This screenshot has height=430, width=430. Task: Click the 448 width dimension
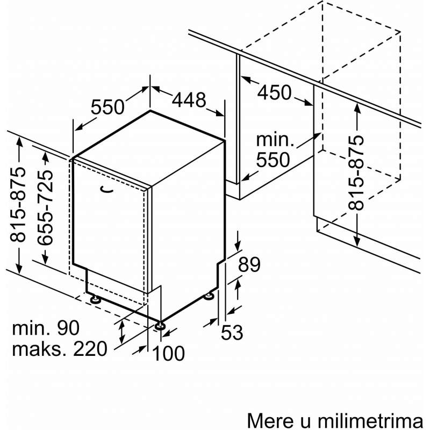(189, 100)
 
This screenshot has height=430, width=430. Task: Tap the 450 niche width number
(274, 92)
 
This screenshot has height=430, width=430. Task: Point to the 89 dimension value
(249, 264)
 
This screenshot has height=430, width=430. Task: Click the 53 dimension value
(232, 332)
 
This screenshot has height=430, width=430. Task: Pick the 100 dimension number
(168, 353)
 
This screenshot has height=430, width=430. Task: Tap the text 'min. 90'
(46, 328)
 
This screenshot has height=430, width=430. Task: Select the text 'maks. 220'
(60, 348)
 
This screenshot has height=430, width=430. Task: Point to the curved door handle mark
(107, 189)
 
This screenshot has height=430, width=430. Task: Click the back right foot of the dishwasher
(209, 296)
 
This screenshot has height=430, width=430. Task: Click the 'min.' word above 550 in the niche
(275, 140)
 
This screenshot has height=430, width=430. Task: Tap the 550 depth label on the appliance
(107, 106)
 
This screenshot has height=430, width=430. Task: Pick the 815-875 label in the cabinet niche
(356, 173)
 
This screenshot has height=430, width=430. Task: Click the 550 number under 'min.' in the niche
(273, 160)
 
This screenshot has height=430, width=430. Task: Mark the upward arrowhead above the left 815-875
(19, 142)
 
